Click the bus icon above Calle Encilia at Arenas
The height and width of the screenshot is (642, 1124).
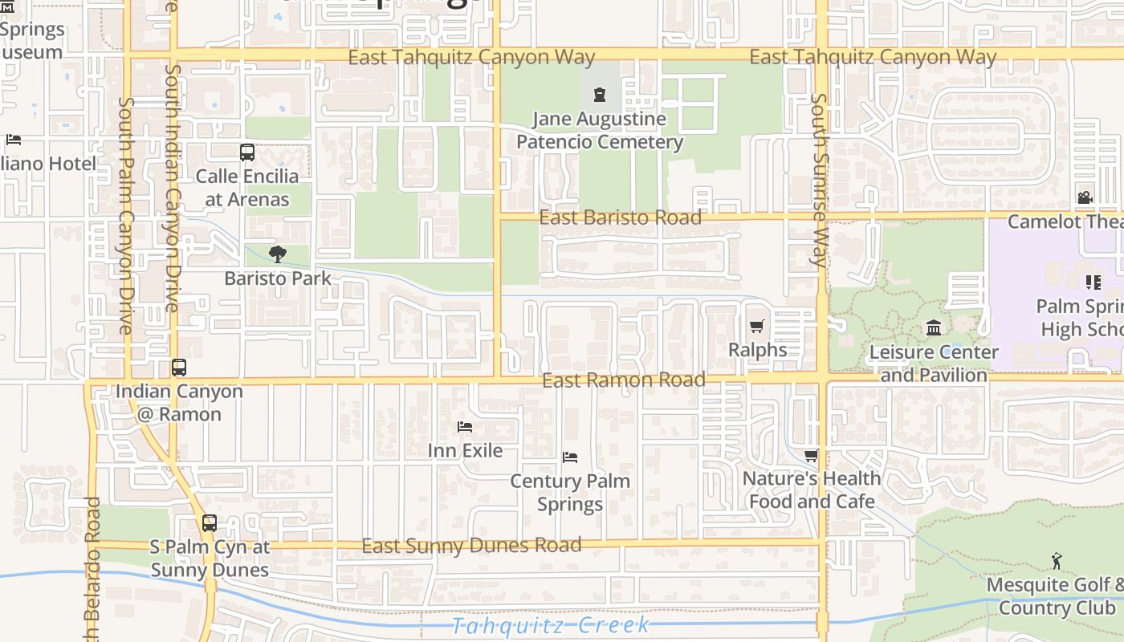[247, 152]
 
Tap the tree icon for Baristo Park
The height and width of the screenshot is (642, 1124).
[278, 254]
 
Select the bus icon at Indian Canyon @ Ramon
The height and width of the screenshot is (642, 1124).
[179, 368]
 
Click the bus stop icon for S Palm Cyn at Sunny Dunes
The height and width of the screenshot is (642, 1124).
[210, 522]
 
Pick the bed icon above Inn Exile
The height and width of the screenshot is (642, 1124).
[465, 427]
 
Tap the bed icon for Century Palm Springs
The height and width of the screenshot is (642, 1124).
[570, 457]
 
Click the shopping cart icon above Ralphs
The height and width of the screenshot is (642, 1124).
[756, 326]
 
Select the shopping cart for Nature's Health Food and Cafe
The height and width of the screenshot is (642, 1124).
[812, 455]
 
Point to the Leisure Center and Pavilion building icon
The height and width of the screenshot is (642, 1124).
[934, 327]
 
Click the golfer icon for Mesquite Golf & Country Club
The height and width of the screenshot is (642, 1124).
[1057, 561]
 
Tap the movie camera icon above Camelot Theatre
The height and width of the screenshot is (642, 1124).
[1085, 197]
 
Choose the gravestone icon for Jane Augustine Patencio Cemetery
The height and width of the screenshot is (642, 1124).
[599, 95]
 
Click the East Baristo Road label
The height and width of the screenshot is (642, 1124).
[620, 217]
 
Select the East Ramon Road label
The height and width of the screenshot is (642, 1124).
[624, 380]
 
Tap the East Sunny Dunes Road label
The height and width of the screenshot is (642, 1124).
[471, 546]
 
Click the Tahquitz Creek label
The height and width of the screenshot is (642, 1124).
[550, 625]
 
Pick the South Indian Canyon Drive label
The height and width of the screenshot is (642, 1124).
[172, 188]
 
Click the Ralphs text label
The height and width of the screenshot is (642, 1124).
[757, 350]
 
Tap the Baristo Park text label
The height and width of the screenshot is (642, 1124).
[278, 278]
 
